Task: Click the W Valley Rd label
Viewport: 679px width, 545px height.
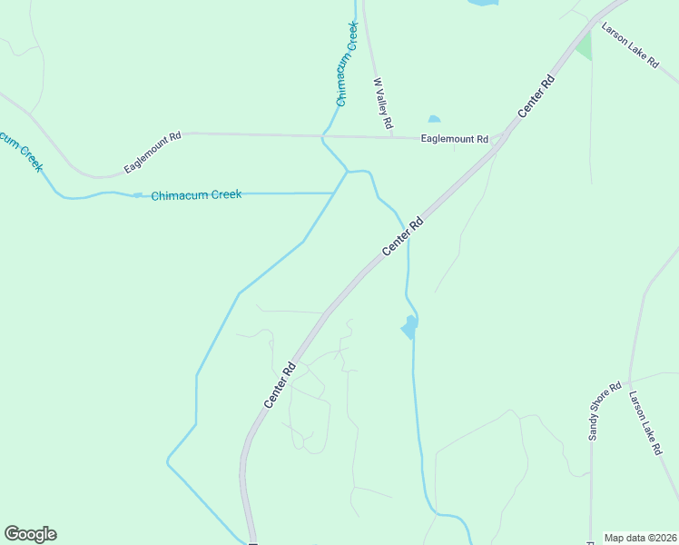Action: pyautogui.click(x=383, y=102)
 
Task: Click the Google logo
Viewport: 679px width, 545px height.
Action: pyautogui.click(x=30, y=534)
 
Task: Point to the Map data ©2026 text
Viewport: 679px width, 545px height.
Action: pyautogui.click(x=640, y=538)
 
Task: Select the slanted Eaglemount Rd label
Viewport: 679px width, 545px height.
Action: pyautogui.click(x=153, y=153)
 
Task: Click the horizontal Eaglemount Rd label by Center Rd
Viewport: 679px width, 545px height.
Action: pyautogui.click(x=455, y=139)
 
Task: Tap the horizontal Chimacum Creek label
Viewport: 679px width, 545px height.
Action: pyautogui.click(x=196, y=195)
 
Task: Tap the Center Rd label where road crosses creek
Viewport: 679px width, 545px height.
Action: pyautogui.click(x=403, y=235)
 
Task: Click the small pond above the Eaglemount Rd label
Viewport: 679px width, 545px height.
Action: pyautogui.click(x=434, y=119)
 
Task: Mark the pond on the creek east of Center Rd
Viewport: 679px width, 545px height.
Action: pyautogui.click(x=410, y=326)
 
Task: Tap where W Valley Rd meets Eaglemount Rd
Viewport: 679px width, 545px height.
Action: pyautogui.click(x=391, y=137)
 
